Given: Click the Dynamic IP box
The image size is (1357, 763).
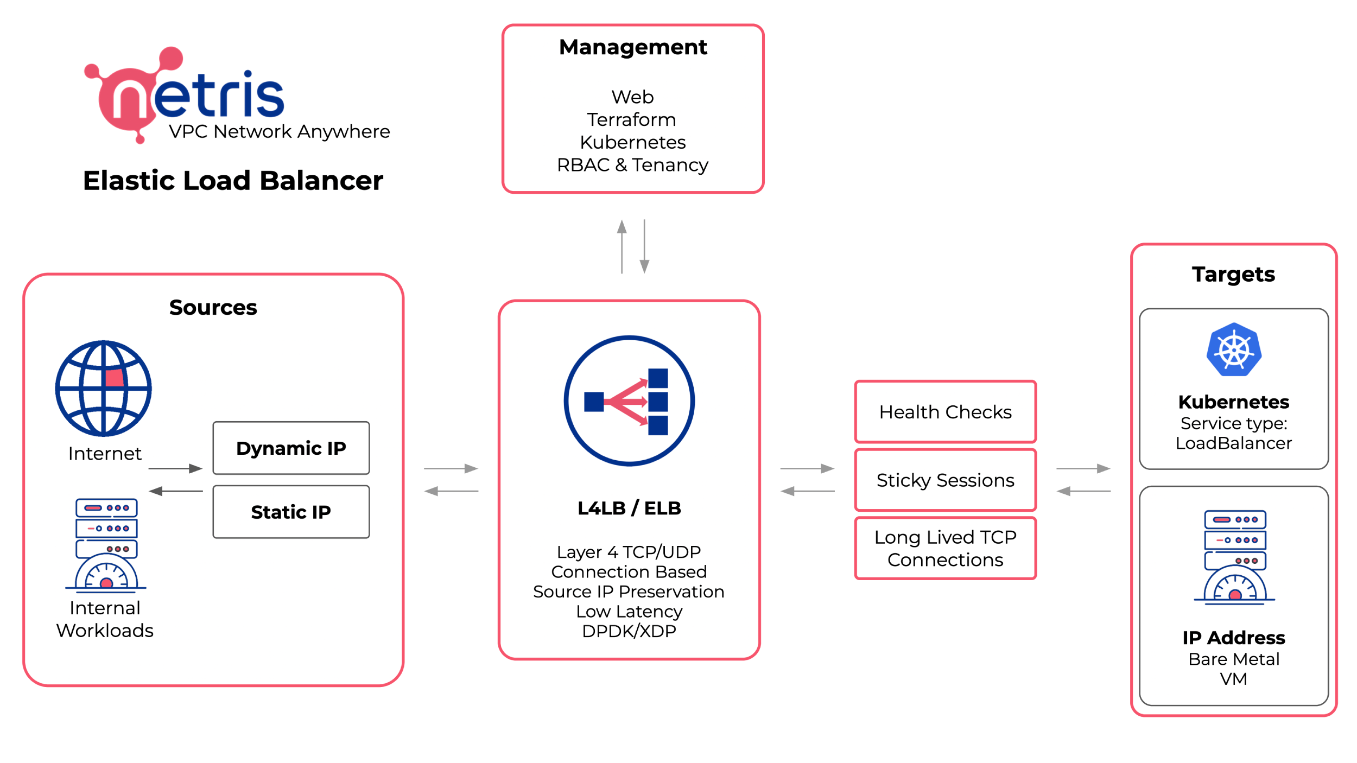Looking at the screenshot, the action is click(x=291, y=448).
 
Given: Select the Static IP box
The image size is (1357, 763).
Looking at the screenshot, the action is click(x=291, y=512).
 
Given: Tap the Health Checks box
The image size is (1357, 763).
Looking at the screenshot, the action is click(x=946, y=412).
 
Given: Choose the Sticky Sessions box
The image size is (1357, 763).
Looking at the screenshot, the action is click(x=946, y=480).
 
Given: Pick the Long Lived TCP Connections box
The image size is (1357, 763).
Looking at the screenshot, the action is click(x=946, y=549).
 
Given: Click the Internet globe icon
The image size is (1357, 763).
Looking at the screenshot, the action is click(x=103, y=389).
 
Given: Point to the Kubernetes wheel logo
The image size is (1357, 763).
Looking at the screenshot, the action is click(x=1234, y=349).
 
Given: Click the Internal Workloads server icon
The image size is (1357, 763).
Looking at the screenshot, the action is click(x=106, y=544).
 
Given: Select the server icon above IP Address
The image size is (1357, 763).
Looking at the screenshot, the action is click(x=1235, y=557).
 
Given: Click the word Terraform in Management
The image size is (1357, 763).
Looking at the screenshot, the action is click(x=632, y=119).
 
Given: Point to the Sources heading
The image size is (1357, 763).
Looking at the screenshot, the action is click(x=213, y=308).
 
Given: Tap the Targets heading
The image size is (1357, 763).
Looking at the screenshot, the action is click(x=1233, y=275).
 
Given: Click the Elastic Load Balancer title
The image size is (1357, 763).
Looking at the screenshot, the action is click(x=233, y=181).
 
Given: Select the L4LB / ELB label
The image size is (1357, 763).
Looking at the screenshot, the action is click(x=629, y=508).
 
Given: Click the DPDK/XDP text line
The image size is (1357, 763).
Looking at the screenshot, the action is click(x=629, y=631).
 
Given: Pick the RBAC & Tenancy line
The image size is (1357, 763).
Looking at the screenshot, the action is click(x=632, y=165).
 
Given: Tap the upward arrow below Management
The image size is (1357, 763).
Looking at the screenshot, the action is click(x=622, y=246).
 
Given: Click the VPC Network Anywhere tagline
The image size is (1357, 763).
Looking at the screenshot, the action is click(x=280, y=132).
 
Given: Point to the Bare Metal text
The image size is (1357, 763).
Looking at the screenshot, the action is click(x=1234, y=659).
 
